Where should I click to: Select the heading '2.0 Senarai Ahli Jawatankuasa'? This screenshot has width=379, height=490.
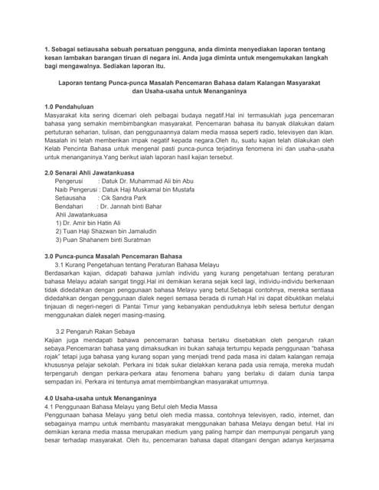(95, 172)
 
